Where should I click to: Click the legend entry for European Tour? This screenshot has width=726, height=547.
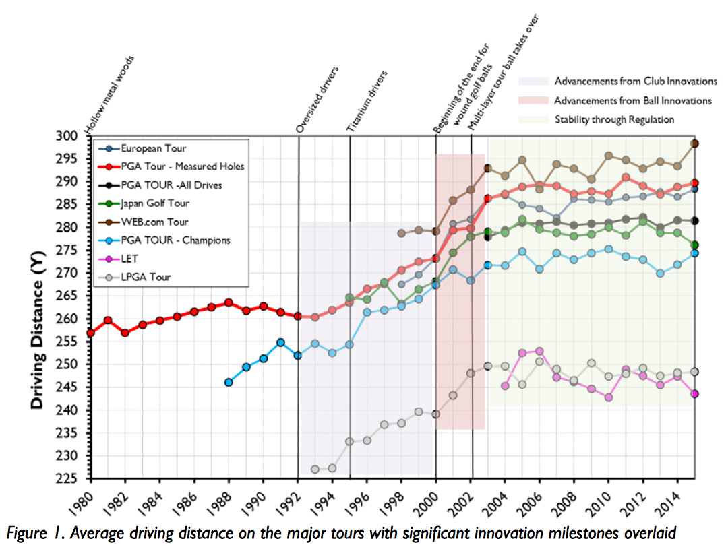[154, 148]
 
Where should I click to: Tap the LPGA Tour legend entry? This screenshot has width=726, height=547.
[146, 277]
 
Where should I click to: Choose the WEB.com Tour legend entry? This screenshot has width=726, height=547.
[154, 222]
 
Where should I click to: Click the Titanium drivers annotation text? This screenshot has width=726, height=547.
[367, 100]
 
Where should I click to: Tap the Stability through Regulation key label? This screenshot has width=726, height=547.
[614, 120]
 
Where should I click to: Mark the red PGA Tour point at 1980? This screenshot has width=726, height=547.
[90, 333]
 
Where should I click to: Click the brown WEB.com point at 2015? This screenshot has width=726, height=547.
[694, 143]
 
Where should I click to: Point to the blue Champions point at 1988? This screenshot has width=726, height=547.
[229, 382]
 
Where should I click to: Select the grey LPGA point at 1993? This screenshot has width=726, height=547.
[315, 469]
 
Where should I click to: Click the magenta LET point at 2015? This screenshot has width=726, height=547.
[694, 394]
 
